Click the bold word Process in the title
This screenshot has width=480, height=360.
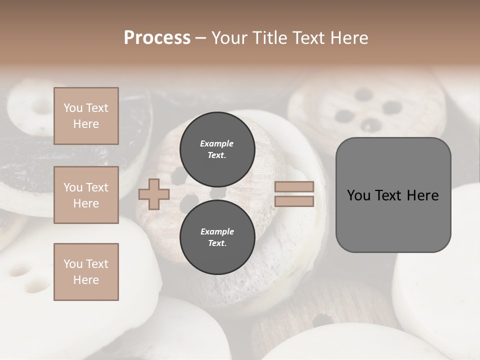coord(157,38)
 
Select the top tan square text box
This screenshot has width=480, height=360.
coord(86,116)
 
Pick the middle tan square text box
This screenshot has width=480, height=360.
coord(86,195)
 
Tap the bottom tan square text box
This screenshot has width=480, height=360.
coord(86,272)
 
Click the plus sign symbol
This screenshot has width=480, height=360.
coord(153,194)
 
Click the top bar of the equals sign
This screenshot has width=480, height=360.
coord(294,187)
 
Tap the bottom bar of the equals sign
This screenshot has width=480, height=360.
coord(294,201)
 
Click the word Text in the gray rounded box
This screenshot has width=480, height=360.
coord(391,195)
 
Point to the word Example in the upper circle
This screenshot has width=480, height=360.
coord(217,143)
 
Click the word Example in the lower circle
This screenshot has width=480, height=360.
coord(217,231)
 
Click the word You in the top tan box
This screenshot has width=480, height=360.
coord(73,108)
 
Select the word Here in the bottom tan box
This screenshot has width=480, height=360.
coord(86,280)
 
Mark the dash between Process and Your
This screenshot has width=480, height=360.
coord(200,38)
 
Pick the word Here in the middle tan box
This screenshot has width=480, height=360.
coord(86,203)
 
